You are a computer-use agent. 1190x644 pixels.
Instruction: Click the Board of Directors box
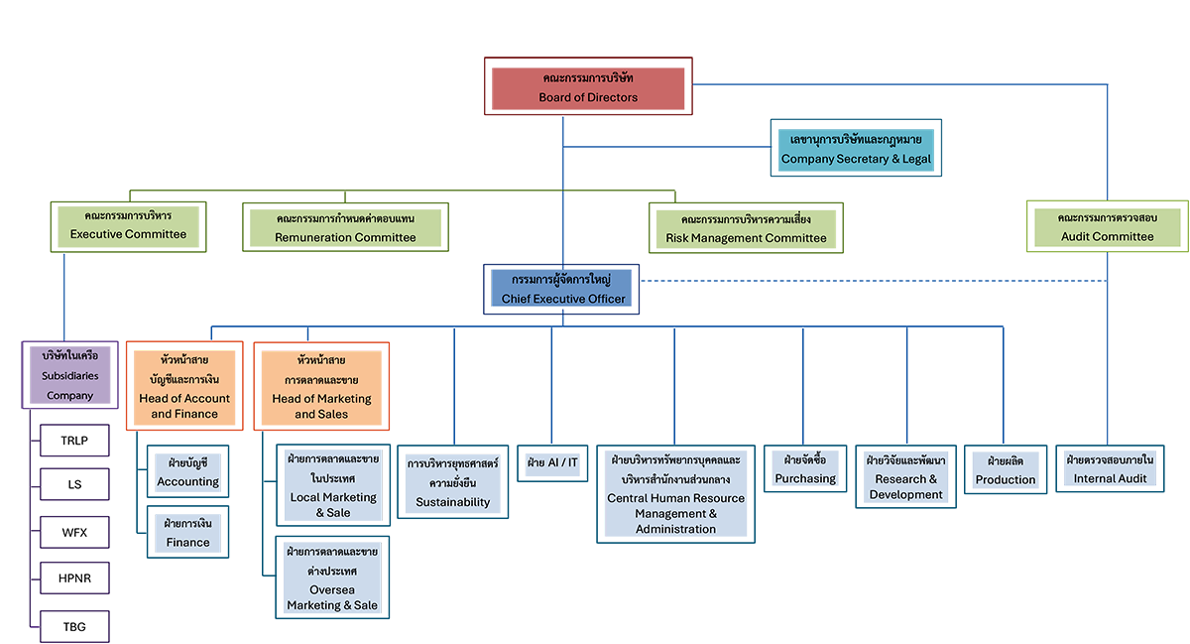pos(588,87)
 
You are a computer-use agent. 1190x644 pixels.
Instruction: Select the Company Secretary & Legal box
pos(856,149)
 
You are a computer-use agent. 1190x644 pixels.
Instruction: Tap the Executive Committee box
pos(128,225)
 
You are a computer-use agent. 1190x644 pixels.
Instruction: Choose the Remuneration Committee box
pos(345,227)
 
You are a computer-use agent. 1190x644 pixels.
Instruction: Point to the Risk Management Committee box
pos(746,228)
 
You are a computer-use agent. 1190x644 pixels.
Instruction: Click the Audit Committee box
pos(1107,227)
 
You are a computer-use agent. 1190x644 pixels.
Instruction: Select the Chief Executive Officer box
pos(562,289)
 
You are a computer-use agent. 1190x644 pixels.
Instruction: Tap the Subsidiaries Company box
pos(69,374)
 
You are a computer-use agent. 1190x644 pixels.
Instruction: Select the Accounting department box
pos(187,472)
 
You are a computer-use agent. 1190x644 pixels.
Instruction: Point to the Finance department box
pos(187,533)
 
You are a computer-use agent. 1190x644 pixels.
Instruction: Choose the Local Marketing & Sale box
pos(332,486)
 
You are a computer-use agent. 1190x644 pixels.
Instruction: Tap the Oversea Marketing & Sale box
pos(332,578)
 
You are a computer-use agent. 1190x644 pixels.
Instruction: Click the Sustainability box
pos(453,483)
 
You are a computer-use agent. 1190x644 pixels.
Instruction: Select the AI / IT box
pos(552,463)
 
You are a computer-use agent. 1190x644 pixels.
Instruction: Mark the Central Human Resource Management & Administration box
pos(675,494)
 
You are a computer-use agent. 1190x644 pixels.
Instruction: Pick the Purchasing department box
pos(805,469)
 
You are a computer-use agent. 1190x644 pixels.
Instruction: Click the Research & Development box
pos(905,477)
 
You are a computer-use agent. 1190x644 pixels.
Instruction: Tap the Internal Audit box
pos(1110,469)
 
